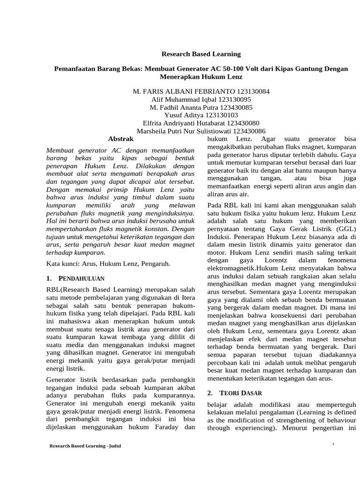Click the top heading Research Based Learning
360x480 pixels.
[201, 54]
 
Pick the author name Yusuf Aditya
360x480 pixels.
[182, 115]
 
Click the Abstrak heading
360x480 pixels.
[121, 139]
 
